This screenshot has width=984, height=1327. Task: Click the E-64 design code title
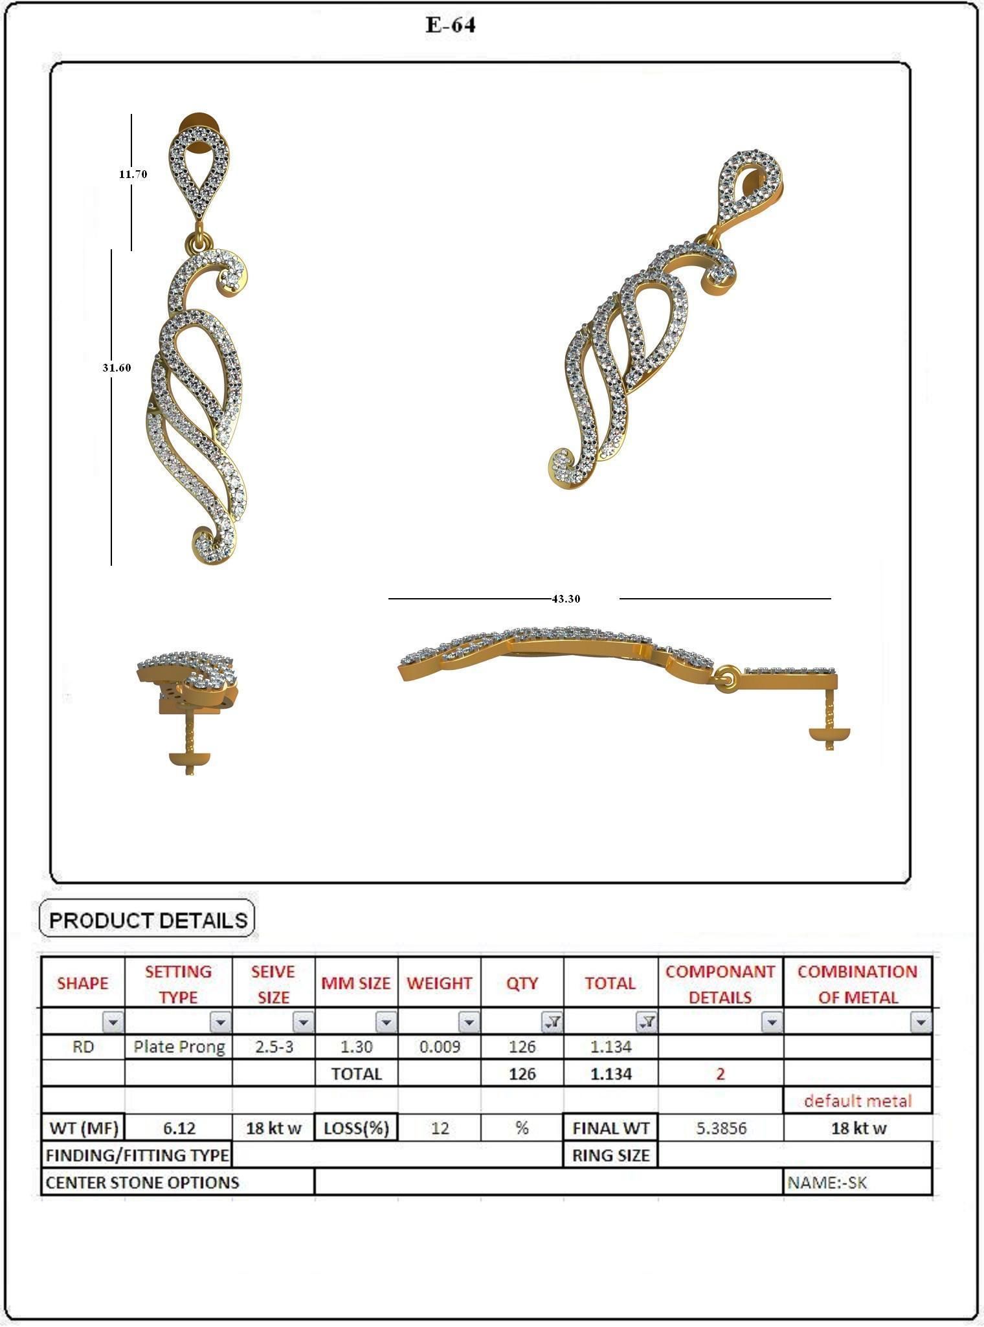pyautogui.click(x=451, y=25)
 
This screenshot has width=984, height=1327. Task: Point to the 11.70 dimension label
pyautogui.click(x=133, y=174)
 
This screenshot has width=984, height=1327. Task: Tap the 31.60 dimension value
pyautogui.click(x=117, y=368)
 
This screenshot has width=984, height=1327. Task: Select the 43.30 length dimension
pyautogui.click(x=566, y=599)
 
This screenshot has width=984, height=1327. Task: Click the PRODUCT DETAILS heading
pyautogui.click(x=148, y=920)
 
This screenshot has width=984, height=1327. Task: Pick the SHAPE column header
pyautogui.click(x=83, y=983)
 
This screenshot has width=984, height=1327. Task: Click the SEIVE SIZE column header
pyautogui.click(x=273, y=984)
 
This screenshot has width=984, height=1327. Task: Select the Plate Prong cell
pyautogui.click(x=179, y=1047)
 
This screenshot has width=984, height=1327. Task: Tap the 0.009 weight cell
pyautogui.click(x=440, y=1047)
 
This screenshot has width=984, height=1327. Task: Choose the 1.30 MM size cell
pyautogui.click(x=356, y=1047)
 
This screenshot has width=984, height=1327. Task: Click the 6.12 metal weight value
pyautogui.click(x=179, y=1128)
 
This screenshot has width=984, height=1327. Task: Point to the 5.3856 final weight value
pyautogui.click(x=721, y=1128)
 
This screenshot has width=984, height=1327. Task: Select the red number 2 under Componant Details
pyautogui.click(x=721, y=1074)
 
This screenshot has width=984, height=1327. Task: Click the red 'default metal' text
pyautogui.click(x=858, y=1100)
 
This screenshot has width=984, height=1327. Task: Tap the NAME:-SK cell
pyautogui.click(x=827, y=1183)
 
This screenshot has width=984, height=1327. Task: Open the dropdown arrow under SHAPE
pyautogui.click(x=113, y=1022)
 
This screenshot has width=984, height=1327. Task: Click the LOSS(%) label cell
pyautogui.click(x=356, y=1128)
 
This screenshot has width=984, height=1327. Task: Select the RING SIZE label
pyautogui.click(x=610, y=1155)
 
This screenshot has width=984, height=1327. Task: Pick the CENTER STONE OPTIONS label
pyautogui.click(x=142, y=1183)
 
